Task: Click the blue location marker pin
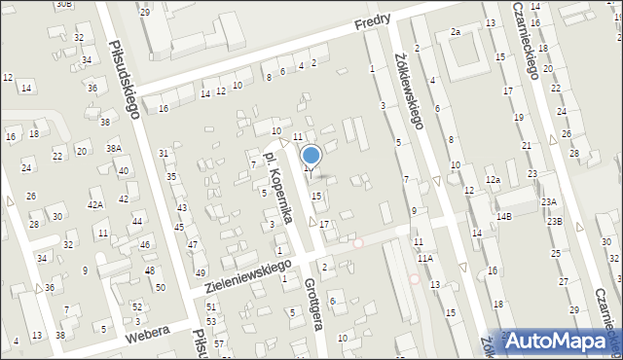311,156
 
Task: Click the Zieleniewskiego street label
247,276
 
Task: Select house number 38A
114,149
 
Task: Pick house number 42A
95,204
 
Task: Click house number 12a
494,180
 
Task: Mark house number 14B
503,216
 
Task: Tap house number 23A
550,201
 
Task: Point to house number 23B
554,222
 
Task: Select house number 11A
424,258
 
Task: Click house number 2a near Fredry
455,32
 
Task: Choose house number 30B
63,4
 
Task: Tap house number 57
219,343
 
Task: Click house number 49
201,272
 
